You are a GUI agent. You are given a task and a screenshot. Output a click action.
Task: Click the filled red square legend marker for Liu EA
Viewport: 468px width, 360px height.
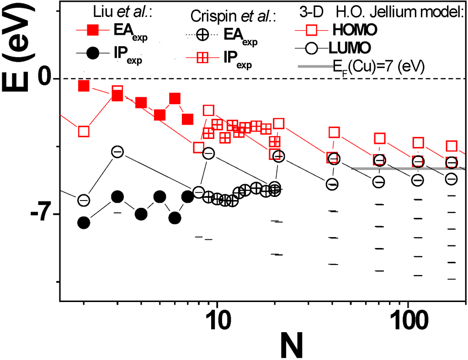pos(91,31)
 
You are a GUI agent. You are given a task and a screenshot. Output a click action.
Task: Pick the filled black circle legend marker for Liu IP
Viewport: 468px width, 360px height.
pos(91,53)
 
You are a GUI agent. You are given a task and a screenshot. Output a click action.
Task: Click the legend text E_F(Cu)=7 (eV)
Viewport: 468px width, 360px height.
pos(379,67)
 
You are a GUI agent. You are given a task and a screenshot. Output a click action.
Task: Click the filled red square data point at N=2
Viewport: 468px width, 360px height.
pos(84,86)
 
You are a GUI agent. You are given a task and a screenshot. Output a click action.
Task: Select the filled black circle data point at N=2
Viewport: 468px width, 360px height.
pos(84,222)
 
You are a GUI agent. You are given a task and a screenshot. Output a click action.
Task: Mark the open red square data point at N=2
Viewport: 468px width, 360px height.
pos(84,132)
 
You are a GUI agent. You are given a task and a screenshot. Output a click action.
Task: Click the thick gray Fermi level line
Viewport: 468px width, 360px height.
pos(407,169)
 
